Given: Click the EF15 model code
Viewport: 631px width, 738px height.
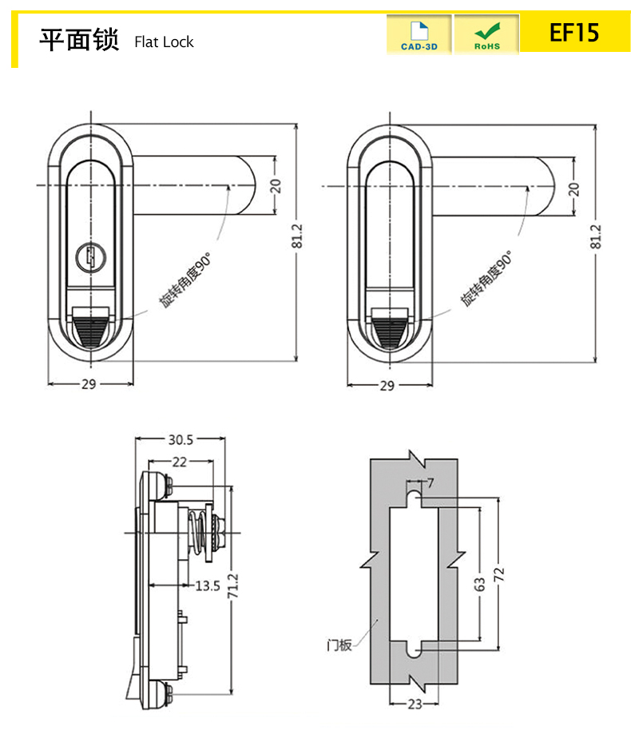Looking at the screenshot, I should click(573, 33).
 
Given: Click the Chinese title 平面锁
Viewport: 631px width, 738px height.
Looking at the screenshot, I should click(79, 39).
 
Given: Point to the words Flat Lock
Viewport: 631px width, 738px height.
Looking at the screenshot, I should click(164, 42).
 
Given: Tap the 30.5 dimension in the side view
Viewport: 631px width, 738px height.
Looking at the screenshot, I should click(181, 439).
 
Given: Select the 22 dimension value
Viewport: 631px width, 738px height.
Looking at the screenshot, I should click(180, 462).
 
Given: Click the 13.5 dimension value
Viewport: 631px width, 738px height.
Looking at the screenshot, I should click(207, 585).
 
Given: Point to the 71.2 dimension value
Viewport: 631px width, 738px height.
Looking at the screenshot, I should click(233, 589).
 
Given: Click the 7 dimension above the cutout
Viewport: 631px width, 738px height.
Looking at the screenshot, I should click(431, 482).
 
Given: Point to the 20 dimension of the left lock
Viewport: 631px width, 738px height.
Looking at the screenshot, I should click(276, 186).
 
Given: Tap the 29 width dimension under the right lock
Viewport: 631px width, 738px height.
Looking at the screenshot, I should click(387, 385).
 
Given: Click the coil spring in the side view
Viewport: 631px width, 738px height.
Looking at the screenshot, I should click(198, 535).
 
